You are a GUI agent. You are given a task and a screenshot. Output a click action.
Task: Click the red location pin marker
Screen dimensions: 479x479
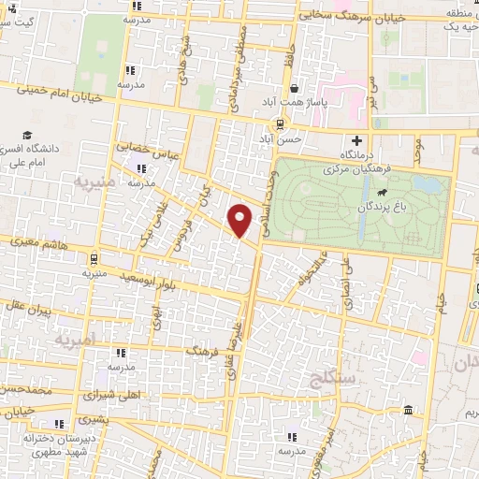click(240, 220)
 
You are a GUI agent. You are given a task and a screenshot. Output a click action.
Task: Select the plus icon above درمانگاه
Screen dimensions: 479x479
click(356, 140)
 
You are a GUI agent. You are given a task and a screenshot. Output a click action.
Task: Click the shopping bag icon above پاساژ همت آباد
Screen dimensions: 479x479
click(295, 90)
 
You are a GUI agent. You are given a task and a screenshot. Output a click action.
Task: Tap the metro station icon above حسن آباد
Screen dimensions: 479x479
click(280, 123)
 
